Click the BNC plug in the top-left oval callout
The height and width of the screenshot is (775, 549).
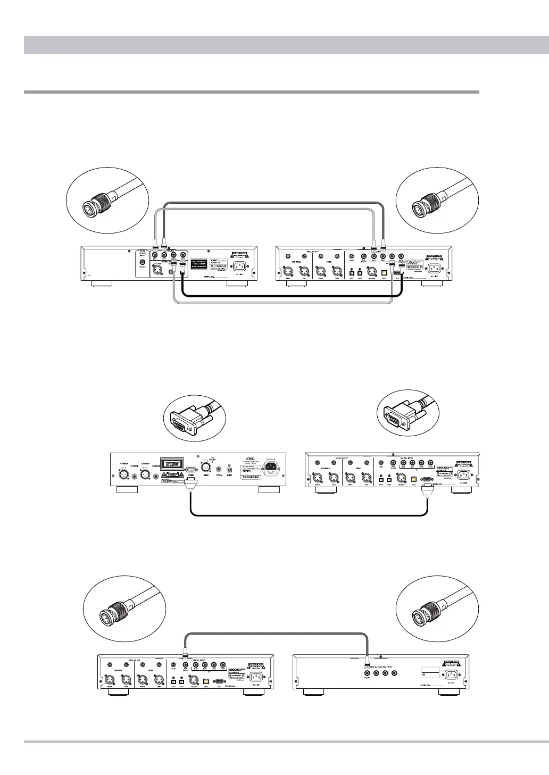click(96, 205)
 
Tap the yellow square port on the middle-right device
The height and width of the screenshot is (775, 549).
click(413, 477)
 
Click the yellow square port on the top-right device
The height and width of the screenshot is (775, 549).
click(384, 272)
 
